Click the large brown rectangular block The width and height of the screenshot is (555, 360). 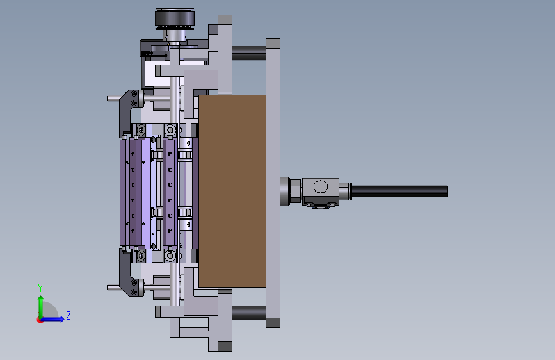(232, 191)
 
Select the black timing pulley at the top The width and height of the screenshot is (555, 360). (175, 18)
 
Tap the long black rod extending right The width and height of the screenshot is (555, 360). (399, 192)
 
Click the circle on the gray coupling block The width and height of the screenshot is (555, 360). (321, 187)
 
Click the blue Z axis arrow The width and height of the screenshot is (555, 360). (52, 319)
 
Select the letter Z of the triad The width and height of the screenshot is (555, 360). (68, 315)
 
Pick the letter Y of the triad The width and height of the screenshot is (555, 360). (40, 288)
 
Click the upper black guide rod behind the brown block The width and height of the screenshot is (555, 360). (249, 53)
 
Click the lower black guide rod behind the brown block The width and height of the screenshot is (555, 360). (249, 313)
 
